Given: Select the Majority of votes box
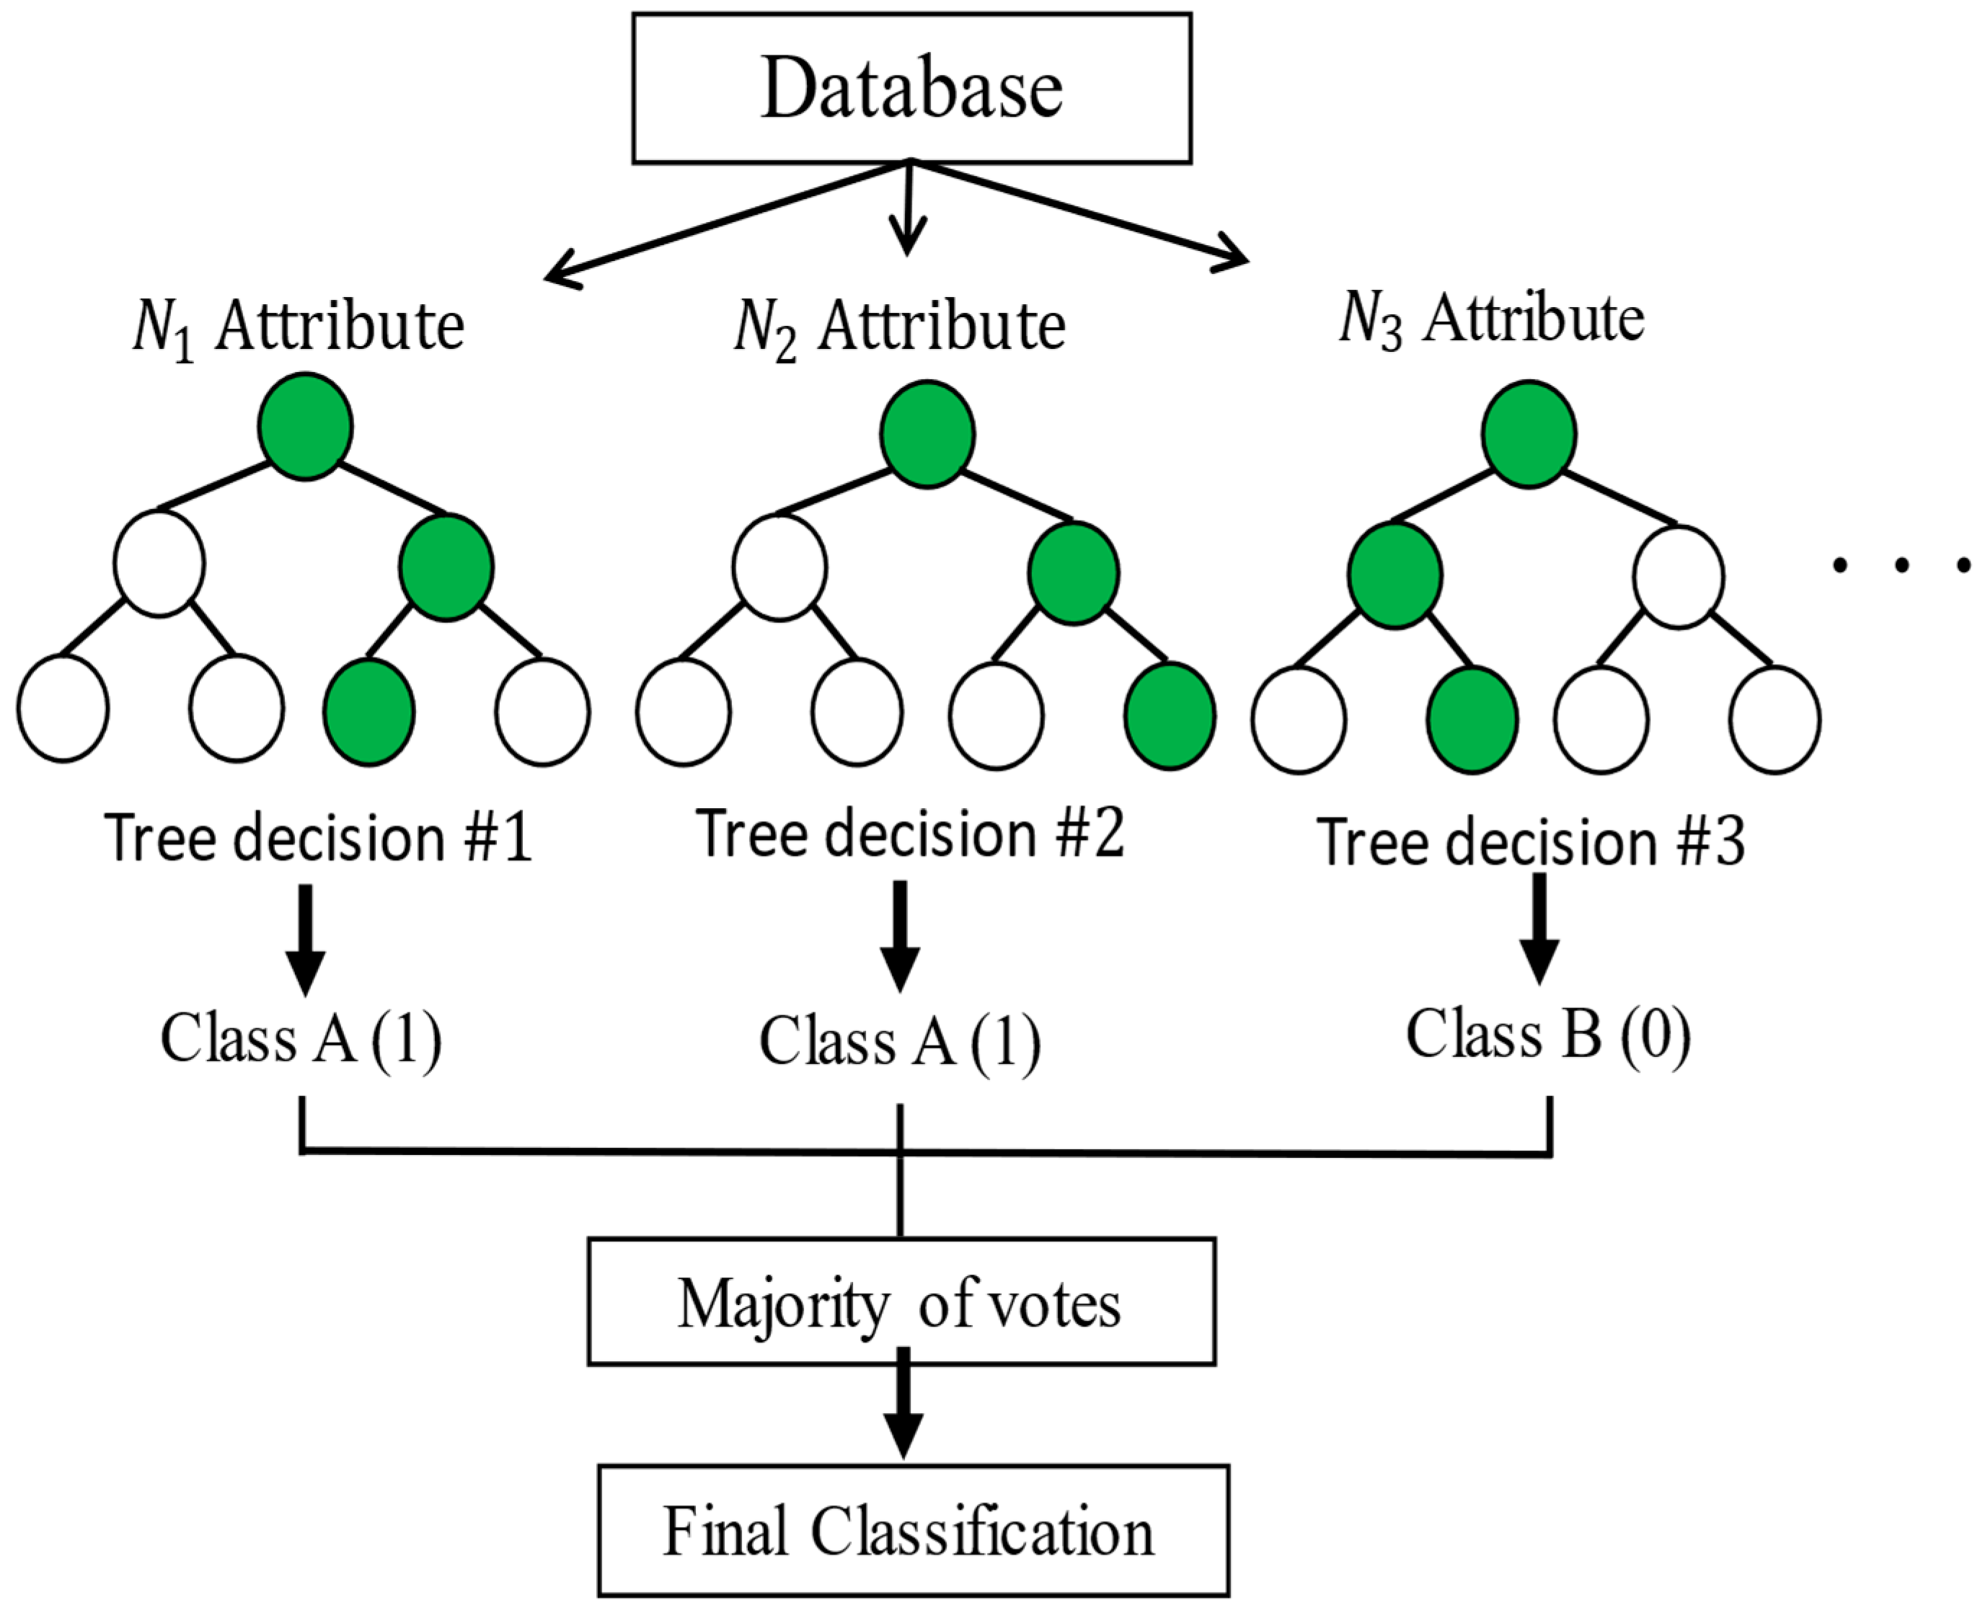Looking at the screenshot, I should pyautogui.click(x=901, y=1301).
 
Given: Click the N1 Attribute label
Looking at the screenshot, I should pyautogui.click(x=299, y=329).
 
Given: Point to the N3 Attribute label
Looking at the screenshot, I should pyautogui.click(x=1492, y=320).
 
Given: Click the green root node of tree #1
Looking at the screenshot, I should pyautogui.click(x=305, y=427).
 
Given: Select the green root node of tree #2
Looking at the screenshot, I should pyautogui.click(x=927, y=434).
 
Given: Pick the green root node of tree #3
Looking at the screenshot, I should pyautogui.click(x=1529, y=434).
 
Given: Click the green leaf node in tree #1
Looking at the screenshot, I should pyautogui.click(x=369, y=712).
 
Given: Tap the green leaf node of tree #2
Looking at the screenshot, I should pyautogui.click(x=1170, y=716).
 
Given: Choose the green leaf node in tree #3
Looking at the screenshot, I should pyautogui.click(x=1472, y=720).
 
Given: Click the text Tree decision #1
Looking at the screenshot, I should pyautogui.click(x=318, y=838).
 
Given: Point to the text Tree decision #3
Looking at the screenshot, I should pyautogui.click(x=1531, y=842).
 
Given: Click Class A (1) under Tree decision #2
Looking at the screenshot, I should pyautogui.click(x=900, y=1040).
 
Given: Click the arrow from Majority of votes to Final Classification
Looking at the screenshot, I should pyautogui.click(x=903, y=1410).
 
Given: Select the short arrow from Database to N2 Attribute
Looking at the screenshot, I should pyautogui.click(x=908, y=211).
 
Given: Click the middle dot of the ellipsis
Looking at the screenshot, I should pyautogui.click(x=1901, y=565).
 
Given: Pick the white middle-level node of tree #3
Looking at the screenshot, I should pyautogui.click(x=1678, y=578).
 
